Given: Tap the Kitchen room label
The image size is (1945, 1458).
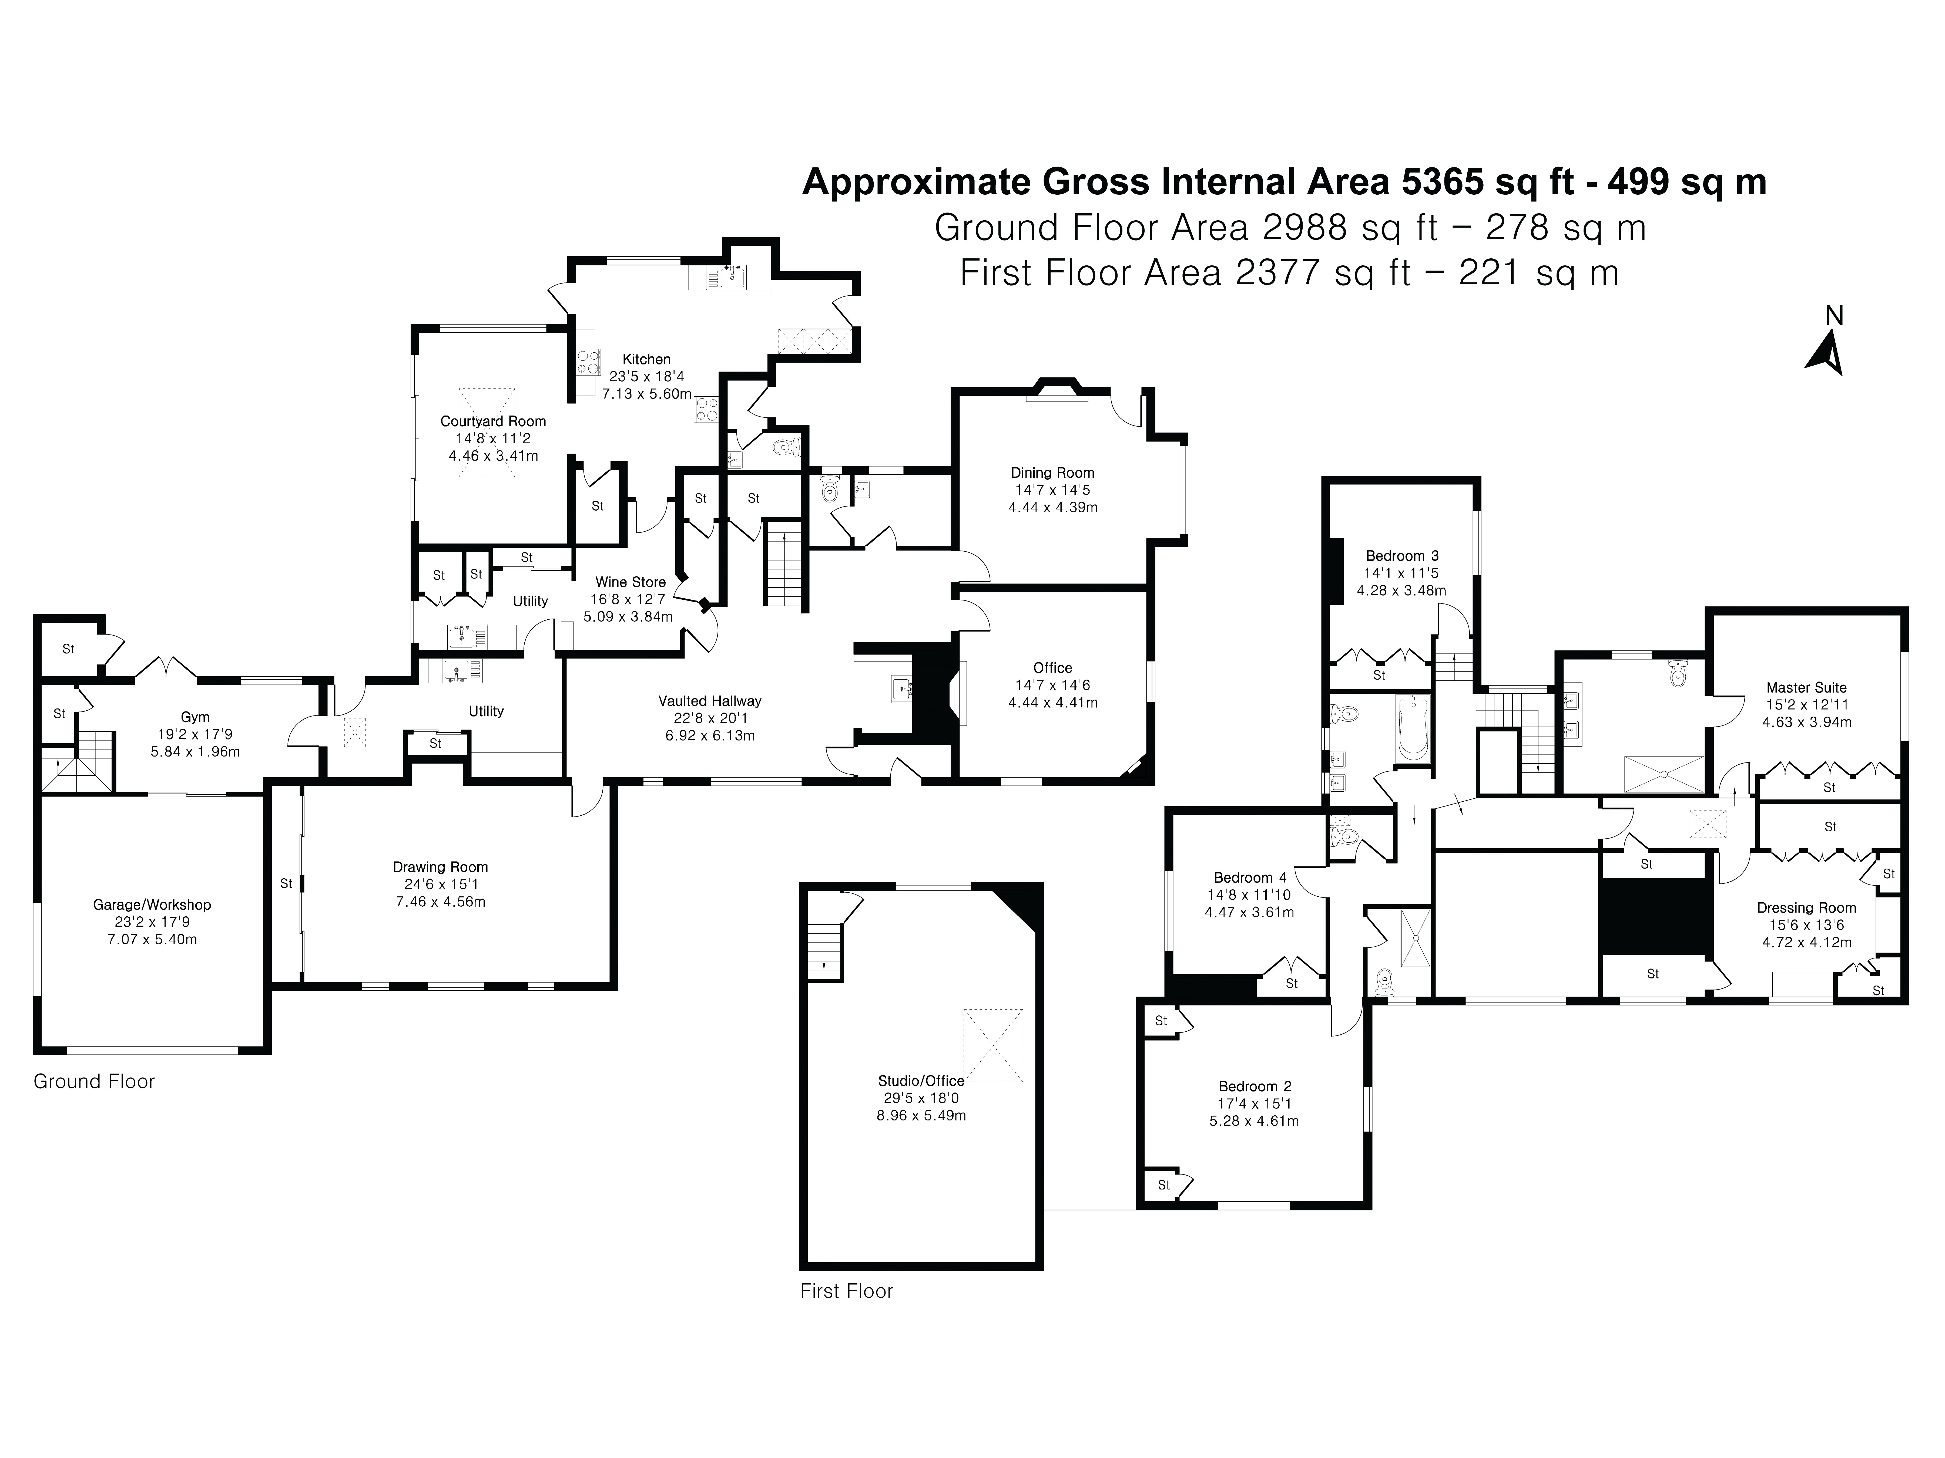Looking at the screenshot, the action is pos(646,359).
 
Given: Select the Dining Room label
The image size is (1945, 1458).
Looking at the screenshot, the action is pos(1052,473).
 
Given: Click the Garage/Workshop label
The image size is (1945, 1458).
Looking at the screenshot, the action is pos(152,905).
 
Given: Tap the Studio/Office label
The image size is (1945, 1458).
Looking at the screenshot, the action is pos(921,1081).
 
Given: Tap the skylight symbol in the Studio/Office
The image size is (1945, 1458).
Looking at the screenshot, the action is pos(994,1046).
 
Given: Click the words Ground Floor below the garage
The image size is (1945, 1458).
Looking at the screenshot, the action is pos(94,1082).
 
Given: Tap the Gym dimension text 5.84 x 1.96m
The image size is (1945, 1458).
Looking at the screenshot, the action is pos(195,752).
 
